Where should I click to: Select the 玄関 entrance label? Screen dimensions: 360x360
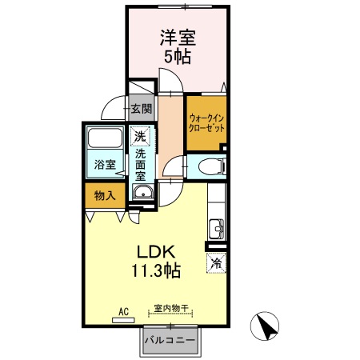[142, 108]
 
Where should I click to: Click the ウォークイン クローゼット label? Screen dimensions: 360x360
[206, 122]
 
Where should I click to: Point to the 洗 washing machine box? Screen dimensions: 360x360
[141, 136]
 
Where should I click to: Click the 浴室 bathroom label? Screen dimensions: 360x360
[105, 165]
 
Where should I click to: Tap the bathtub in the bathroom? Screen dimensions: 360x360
[104, 140]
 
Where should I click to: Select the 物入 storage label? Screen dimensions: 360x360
[104, 194]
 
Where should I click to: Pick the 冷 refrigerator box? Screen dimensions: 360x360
[216, 262]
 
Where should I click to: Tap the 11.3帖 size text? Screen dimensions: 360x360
[157, 270]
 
